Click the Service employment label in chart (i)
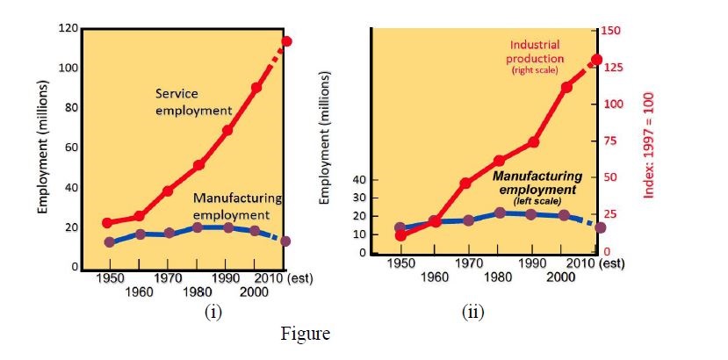(x=193, y=102)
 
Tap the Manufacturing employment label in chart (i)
(x=236, y=206)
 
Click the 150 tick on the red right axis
(x=612, y=31)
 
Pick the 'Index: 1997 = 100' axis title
(x=651, y=140)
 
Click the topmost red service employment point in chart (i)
(x=286, y=41)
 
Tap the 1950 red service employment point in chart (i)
(x=109, y=223)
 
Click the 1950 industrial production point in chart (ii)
(x=400, y=235)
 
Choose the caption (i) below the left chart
(x=213, y=313)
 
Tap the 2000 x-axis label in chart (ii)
(x=560, y=277)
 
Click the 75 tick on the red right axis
(x=609, y=141)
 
